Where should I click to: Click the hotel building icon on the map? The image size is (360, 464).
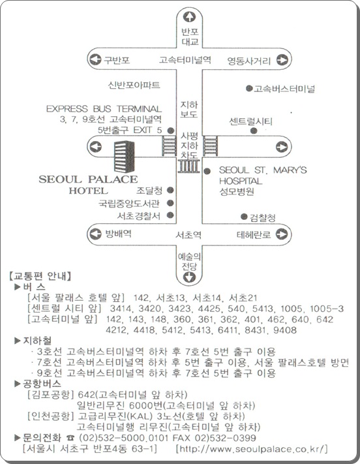125,157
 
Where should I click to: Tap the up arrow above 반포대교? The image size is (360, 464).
189,16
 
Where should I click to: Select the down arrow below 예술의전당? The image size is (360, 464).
189,277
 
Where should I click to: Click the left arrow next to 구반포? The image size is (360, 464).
95,59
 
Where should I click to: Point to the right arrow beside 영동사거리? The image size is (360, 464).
282,60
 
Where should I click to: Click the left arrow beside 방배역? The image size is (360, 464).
95,234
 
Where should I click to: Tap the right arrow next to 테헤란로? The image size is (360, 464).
282,234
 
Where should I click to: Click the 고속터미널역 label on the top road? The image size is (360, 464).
185,60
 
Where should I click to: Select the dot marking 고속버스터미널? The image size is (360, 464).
249,88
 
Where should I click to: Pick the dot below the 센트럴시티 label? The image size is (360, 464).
254,131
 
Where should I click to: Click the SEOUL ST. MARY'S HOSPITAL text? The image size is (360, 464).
263,176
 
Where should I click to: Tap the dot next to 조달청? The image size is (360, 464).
170,190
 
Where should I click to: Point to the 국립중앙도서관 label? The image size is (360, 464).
129,204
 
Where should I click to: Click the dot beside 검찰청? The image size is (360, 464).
244,217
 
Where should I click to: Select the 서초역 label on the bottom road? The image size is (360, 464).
188,235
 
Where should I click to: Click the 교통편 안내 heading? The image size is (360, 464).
40,276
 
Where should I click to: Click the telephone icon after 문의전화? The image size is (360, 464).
70,438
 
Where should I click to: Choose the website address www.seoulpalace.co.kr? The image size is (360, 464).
252,449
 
